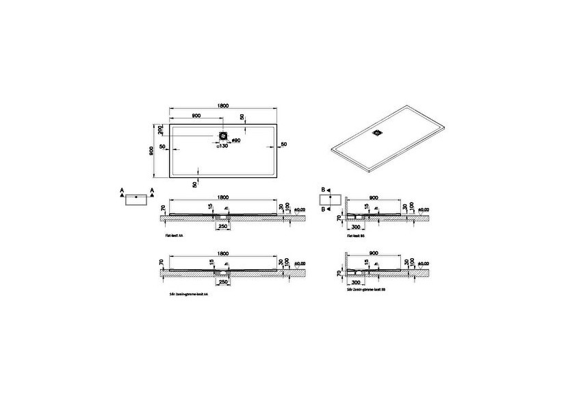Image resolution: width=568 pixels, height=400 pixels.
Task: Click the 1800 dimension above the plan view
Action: click(222, 106)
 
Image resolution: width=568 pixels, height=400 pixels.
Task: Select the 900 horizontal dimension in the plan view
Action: click(196, 115)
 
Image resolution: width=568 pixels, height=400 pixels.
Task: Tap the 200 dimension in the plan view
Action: click(161, 129)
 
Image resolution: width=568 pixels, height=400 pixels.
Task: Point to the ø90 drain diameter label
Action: click(235, 141)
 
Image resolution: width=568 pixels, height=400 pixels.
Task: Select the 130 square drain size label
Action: click(222, 146)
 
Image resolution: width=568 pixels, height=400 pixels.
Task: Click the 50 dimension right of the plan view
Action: click(283, 144)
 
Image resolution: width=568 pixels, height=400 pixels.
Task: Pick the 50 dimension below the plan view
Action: click(195, 184)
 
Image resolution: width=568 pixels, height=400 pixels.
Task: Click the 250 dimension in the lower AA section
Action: click(222, 282)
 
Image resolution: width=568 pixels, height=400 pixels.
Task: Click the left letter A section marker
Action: click(121, 189)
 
